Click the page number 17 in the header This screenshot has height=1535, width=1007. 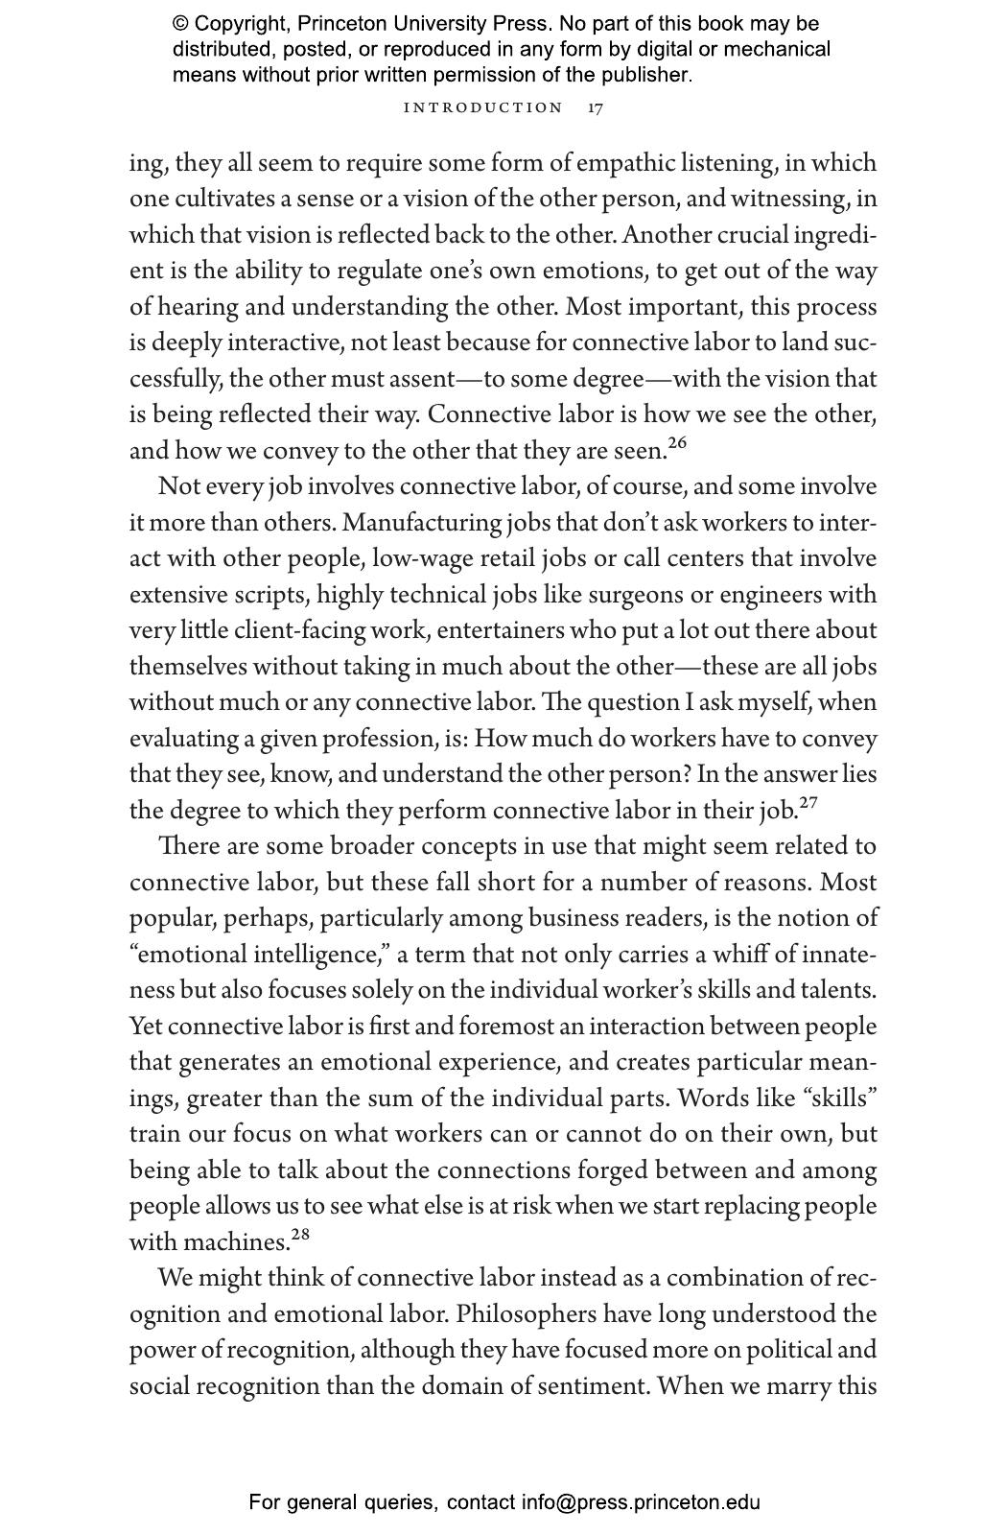click(x=596, y=107)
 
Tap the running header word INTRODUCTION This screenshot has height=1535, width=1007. click(x=483, y=107)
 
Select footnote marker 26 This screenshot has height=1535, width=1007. click(x=677, y=442)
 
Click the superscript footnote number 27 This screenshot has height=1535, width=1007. click(x=808, y=802)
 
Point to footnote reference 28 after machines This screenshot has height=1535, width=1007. click(x=300, y=1234)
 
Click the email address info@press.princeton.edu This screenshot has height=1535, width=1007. click(x=641, y=1502)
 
